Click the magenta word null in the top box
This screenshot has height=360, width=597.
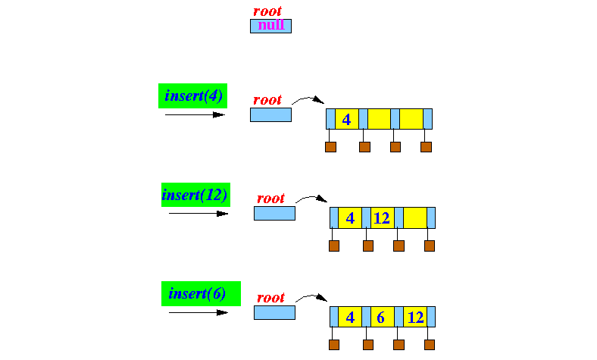(270, 25)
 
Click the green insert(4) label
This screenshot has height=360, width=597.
(192, 96)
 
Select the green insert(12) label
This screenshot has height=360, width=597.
(195, 195)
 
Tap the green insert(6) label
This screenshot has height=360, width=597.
(197, 293)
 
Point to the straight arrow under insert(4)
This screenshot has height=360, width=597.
(195, 115)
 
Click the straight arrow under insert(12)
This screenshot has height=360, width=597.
(198, 214)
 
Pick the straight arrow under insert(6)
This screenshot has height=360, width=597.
(198, 311)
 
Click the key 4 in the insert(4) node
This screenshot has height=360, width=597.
(346, 119)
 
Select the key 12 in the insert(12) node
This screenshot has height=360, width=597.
(381, 218)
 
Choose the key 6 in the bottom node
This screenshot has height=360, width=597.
(381, 317)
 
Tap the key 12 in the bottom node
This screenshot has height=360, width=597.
(414, 317)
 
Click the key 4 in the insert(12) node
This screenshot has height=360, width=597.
(349, 218)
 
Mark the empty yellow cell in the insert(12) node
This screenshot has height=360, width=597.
(414, 218)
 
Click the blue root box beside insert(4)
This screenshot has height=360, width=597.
(270, 114)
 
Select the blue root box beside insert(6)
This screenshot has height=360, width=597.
(274, 312)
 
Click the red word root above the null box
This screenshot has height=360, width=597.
(267, 11)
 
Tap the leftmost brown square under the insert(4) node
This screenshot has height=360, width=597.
(330, 147)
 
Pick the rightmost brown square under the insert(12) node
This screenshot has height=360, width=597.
(430, 246)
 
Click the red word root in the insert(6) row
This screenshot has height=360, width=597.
(270, 298)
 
